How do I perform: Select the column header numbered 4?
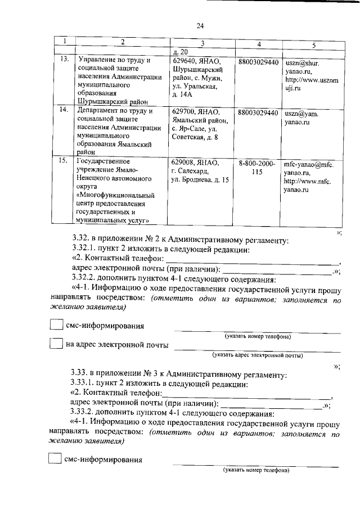(x=258, y=44)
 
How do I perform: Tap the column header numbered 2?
(x=122, y=42)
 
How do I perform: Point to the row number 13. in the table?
(x=65, y=60)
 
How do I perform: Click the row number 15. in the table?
(x=65, y=163)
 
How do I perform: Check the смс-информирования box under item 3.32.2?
(x=56, y=325)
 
